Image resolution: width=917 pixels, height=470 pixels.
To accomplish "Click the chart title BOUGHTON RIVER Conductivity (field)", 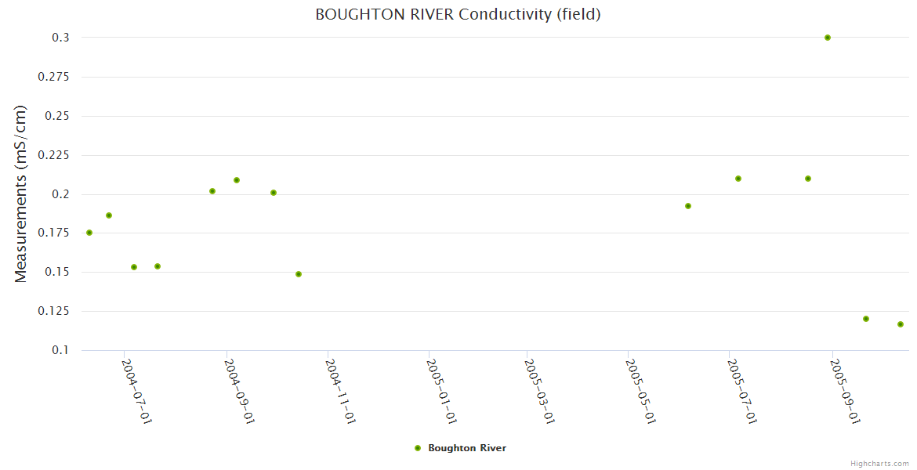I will (458, 14).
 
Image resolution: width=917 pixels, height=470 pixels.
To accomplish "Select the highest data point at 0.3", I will (828, 38).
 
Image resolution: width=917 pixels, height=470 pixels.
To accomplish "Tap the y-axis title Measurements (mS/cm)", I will (21, 193).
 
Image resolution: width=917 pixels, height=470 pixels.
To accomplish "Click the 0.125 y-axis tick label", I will (55, 311).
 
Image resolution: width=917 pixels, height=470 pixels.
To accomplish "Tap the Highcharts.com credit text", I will (879, 463).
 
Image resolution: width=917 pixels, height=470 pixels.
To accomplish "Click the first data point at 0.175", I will (89, 233).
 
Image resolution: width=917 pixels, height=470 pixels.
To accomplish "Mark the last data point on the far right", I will (901, 324).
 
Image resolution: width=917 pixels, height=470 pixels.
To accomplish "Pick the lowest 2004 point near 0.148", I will (299, 274).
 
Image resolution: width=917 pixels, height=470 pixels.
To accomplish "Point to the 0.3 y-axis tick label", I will (61, 38).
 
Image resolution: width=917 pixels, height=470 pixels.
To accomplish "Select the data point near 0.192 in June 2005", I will (688, 206).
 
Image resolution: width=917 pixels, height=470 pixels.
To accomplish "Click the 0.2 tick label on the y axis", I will (61, 194).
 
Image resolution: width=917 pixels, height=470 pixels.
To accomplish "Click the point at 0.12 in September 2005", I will (866, 319).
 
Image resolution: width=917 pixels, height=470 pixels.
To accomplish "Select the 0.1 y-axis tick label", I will (61, 350).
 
